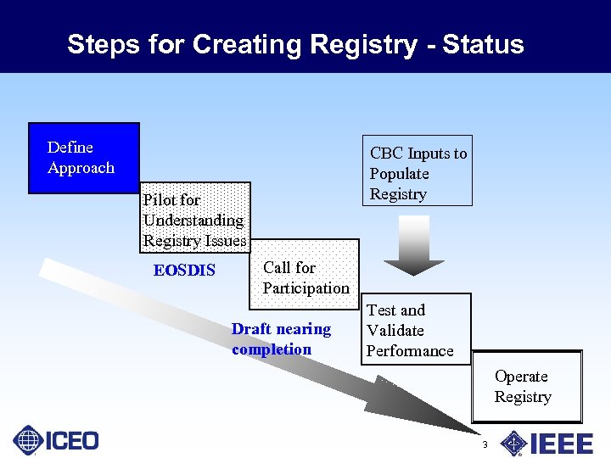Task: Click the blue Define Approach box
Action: (83, 158)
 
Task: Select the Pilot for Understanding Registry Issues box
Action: (194, 220)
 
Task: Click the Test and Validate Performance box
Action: (415, 329)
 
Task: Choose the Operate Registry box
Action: (526, 387)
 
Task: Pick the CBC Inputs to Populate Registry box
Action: (417, 171)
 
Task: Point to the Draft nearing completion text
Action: (281, 339)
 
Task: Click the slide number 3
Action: (485, 445)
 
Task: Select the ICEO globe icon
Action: (28, 440)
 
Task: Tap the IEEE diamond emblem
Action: (513, 443)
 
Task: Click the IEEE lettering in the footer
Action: (561, 443)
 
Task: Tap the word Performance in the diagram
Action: (410, 351)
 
